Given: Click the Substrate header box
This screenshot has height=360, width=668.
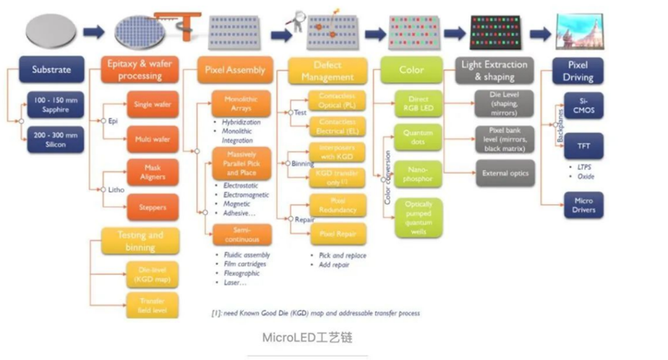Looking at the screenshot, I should point(51,69).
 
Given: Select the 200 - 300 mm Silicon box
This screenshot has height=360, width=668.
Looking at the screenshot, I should point(56,139).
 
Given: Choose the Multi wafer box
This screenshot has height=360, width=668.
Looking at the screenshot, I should point(152,139).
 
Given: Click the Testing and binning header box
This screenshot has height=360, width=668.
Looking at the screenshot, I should point(140,241).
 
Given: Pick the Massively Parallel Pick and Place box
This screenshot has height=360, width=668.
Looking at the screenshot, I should point(241,163).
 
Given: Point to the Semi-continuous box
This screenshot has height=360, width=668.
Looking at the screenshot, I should point(241,235).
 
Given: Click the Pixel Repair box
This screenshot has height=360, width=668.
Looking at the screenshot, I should point(338,234).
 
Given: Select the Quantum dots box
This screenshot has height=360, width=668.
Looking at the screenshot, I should point(419,137).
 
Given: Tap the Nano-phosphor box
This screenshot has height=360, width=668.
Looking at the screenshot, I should point(419,173).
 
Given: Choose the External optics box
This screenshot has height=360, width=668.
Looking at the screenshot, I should point(505,173).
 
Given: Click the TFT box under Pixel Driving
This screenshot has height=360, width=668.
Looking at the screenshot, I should point(583,146).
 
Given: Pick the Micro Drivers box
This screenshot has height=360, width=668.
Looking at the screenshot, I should point(583,205).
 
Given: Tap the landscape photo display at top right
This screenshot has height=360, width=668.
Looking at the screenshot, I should point(580,32).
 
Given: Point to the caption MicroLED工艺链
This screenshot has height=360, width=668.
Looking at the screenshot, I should point(307,338).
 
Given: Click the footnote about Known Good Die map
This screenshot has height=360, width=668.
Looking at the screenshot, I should point(315,313).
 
